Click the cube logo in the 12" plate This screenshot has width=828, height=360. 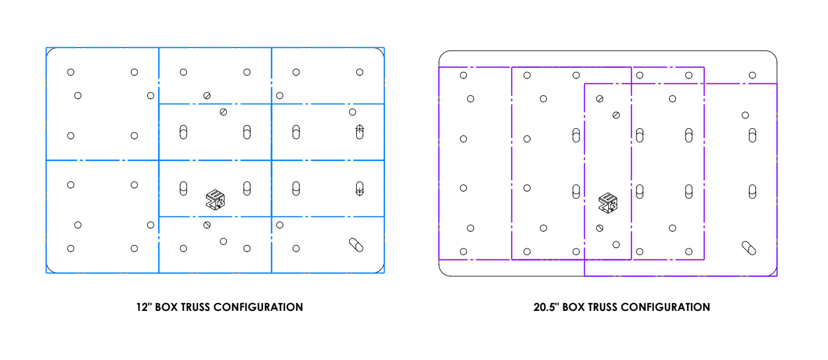click(215, 199)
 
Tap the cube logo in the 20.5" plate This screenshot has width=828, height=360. click(608, 203)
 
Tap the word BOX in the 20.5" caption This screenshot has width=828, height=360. click(574, 307)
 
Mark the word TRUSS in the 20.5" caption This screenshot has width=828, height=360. click(602, 307)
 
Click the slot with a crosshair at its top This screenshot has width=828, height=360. click(359, 131)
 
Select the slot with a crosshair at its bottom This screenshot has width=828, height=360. click(359, 189)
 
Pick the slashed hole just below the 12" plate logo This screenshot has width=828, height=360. click(207, 225)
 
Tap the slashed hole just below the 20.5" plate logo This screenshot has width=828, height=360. click(600, 228)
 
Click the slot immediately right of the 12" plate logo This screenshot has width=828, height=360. click(247, 188)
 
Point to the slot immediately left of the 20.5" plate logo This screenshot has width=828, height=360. click(576, 191)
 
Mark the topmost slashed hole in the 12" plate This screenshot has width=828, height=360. click(207, 96)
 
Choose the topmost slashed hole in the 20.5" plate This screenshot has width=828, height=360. click(600, 99)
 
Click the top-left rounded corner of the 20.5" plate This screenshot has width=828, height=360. click(442, 55)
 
